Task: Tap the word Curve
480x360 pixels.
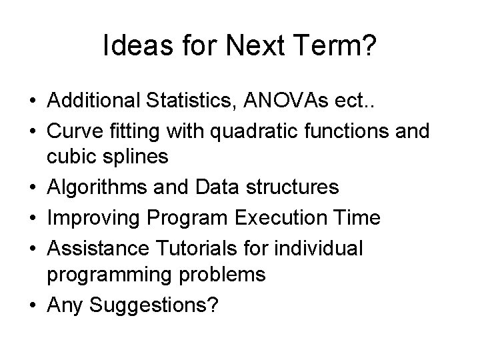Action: point(74,131)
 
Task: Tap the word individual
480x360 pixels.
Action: point(323,248)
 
